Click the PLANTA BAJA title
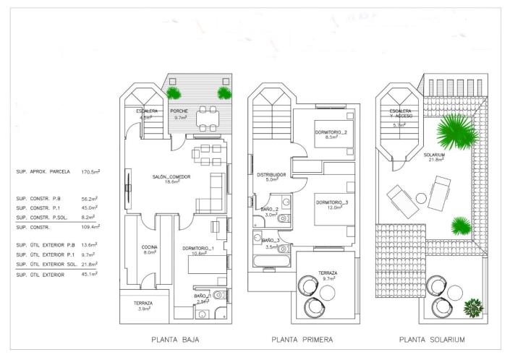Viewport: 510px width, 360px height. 175,339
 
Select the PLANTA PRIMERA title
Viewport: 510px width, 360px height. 302,339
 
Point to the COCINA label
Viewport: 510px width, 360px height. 150,247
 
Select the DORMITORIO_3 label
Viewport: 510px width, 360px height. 331,202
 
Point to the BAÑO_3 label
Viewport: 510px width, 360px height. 270,239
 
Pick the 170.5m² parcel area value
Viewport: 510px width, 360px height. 90,172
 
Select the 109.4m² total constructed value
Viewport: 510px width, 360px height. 90,226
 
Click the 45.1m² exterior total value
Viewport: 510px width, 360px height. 90,274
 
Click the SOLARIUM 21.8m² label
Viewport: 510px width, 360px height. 434,156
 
